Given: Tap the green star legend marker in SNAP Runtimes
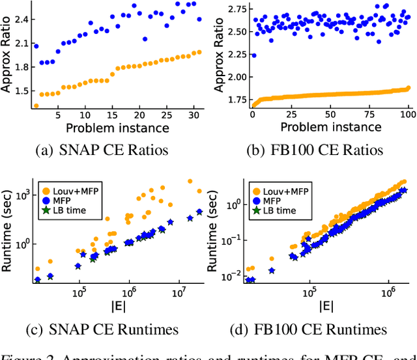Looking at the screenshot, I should (46, 210).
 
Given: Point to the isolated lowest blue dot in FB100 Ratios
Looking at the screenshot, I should (253, 55).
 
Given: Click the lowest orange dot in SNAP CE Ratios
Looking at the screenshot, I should (36, 105).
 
